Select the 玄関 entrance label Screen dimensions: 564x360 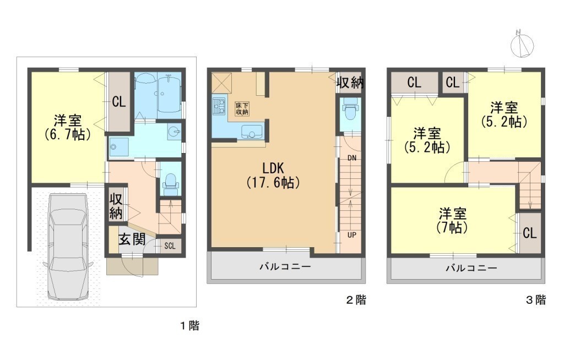click(132, 239)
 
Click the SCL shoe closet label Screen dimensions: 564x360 click(170, 246)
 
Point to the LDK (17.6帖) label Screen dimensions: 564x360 click(273, 175)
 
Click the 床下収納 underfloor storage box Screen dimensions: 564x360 click(242, 108)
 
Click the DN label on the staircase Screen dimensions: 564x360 click(352, 158)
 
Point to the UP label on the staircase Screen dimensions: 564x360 click(352, 235)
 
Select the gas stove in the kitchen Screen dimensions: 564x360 click(218, 106)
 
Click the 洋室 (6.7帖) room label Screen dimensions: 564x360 click(67, 127)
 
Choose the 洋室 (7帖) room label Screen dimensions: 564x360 click(453, 220)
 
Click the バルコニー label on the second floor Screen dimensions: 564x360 click(285, 266)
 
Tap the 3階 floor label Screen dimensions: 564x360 click(536, 300)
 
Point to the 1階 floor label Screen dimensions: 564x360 click(189, 326)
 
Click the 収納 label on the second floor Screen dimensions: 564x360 click(350, 83)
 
